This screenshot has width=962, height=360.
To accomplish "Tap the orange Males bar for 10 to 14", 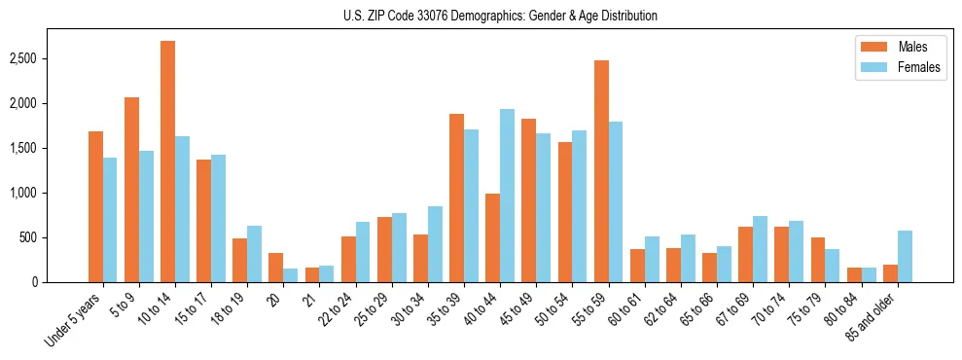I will [167, 162].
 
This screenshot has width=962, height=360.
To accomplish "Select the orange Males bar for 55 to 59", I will [601, 171].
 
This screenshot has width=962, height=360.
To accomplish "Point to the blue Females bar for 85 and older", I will [905, 256].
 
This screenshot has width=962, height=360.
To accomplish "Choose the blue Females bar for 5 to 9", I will [146, 216].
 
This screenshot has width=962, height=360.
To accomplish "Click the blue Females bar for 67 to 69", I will [760, 249].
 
